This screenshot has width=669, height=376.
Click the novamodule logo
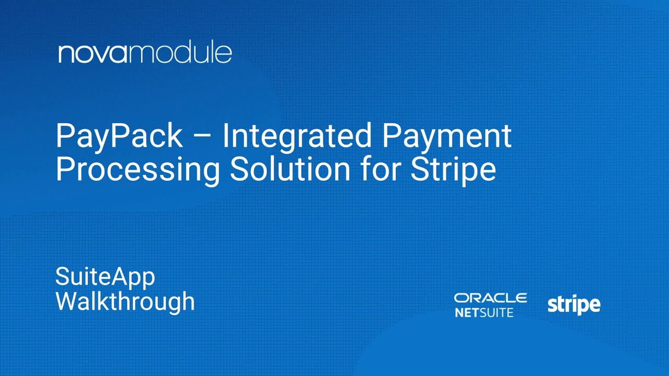[x=145, y=54]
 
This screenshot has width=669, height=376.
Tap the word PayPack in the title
[x=119, y=136]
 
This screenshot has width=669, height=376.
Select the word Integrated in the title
[x=296, y=136]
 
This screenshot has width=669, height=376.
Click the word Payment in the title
[x=447, y=136]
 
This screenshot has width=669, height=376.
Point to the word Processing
[x=138, y=170]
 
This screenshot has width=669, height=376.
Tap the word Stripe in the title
[x=453, y=170]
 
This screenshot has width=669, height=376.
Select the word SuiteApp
[x=105, y=277]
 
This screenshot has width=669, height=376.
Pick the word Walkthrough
[x=125, y=301]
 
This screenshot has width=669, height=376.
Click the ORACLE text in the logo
[x=490, y=298]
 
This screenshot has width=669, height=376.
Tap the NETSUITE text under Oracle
[x=484, y=313]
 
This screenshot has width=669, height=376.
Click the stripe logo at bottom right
[x=574, y=305]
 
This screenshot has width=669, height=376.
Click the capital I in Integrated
[x=226, y=136]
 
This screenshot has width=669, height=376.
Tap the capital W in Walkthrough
[x=67, y=301]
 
